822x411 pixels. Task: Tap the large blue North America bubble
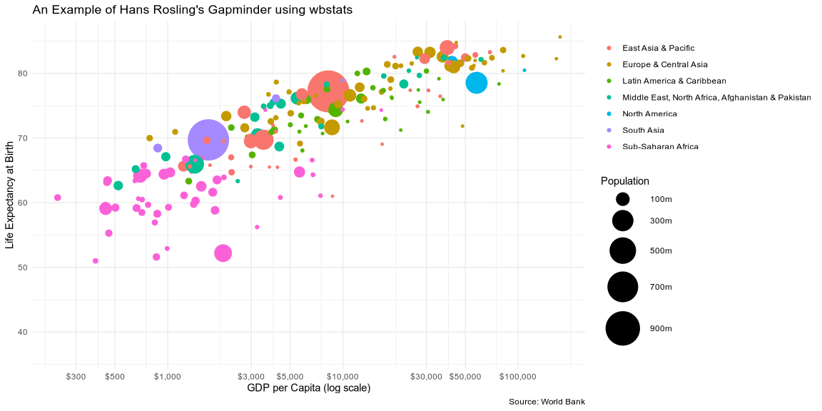pos(477,83)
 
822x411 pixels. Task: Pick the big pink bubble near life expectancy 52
pos(223,253)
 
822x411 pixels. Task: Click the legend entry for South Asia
pos(643,130)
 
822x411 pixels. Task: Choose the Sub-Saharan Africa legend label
pos(660,146)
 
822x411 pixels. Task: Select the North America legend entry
pos(649,113)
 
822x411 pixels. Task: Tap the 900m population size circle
pos(623,328)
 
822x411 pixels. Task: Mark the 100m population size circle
pos(623,198)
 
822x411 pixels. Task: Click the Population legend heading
pos(625,181)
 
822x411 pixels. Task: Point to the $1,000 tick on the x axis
pos(168,376)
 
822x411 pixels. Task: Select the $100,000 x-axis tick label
pos(517,376)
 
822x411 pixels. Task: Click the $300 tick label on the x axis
pos(76,376)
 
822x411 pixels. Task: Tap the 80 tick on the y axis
pos(23,73)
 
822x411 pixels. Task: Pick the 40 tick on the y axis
pos(23,332)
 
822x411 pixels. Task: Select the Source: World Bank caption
pos(547,402)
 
